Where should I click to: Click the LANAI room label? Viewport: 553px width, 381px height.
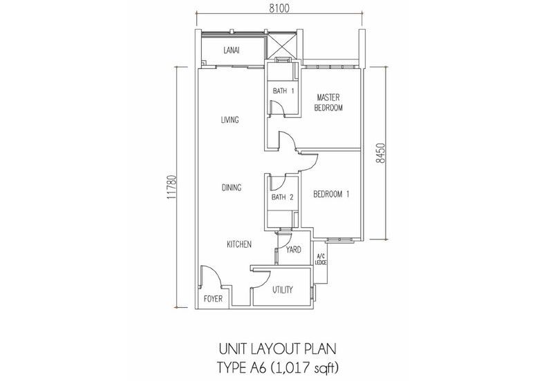232,50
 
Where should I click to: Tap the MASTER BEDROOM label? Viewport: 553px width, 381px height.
328,102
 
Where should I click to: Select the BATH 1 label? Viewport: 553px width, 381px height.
283,91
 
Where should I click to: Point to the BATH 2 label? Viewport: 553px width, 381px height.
282,197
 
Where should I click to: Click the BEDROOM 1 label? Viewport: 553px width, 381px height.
331,194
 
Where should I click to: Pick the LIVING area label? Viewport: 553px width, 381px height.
230,119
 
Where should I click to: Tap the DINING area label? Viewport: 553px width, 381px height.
232,187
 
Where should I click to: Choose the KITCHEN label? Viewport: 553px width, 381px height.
239,244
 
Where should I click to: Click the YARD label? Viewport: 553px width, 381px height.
293,250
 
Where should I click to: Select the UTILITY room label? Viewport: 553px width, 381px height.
283,290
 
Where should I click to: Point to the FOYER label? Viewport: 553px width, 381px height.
214,299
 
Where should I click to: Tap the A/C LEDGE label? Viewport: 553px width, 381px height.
321,259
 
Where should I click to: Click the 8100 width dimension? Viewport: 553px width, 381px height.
279,8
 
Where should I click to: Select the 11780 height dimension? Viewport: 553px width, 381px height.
171,187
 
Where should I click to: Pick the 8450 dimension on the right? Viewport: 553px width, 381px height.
381,153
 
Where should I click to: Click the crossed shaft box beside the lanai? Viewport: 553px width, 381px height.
281,45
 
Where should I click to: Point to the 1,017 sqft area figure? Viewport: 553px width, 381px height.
305,368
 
